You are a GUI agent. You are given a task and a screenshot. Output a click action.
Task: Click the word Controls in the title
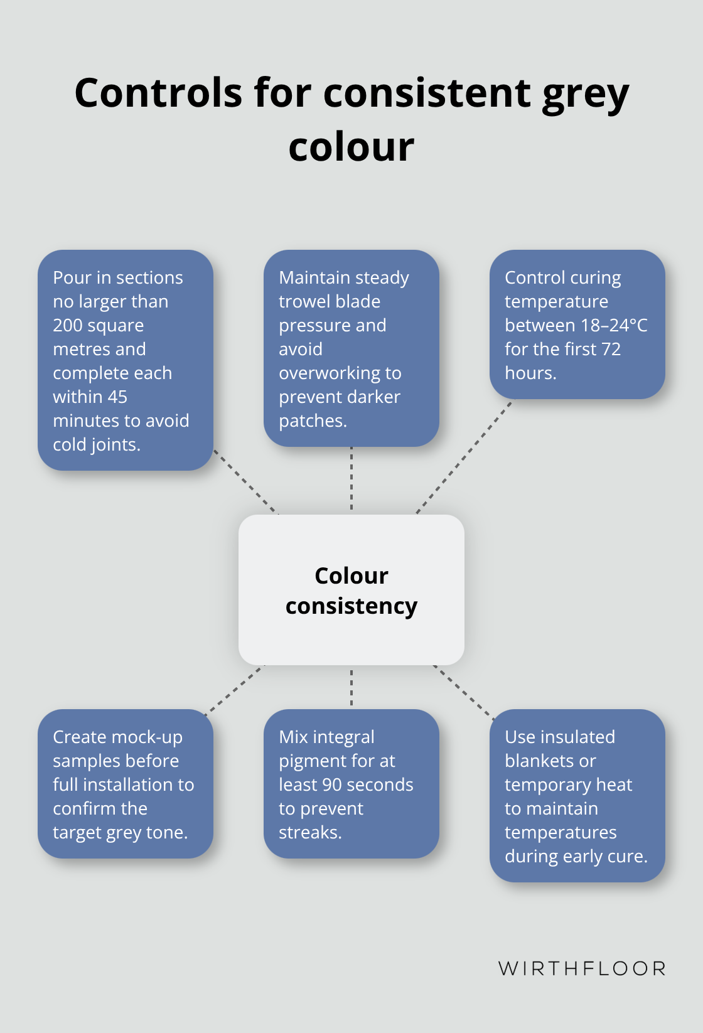[159, 93]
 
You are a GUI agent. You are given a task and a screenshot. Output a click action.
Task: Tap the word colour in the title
[351, 147]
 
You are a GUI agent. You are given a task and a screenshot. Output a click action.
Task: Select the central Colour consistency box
[351, 590]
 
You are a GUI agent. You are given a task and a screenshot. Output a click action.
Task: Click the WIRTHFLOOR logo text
[582, 968]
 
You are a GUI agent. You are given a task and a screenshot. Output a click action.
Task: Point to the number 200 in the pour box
[67, 326]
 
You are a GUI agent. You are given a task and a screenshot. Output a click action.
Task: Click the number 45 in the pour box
[117, 397]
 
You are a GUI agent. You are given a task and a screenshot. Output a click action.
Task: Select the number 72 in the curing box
[611, 350]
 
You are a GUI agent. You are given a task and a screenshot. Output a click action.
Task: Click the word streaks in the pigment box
[308, 833]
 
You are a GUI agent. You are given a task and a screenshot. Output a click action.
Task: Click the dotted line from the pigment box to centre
[351, 687]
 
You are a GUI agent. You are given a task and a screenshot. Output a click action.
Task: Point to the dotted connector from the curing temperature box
[464, 457]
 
